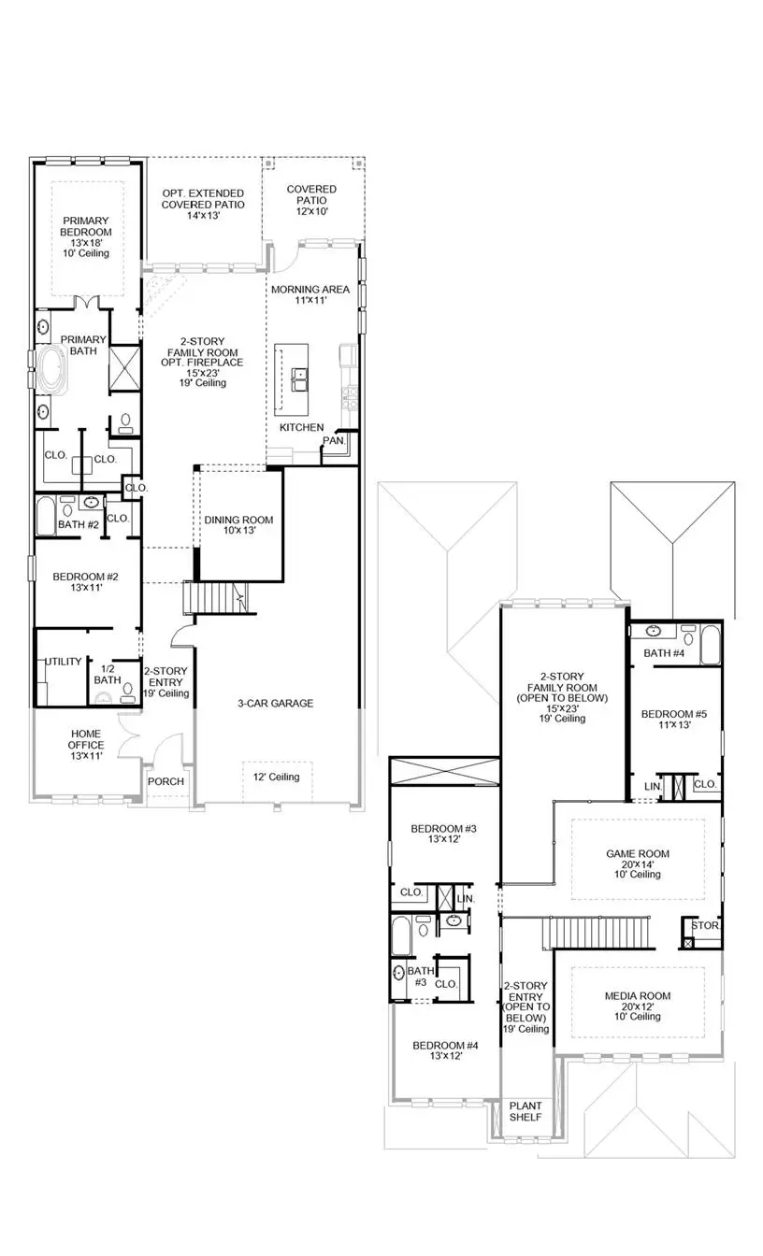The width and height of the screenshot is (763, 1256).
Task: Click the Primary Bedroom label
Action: [x=86, y=232]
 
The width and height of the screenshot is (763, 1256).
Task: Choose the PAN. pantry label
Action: [x=334, y=440]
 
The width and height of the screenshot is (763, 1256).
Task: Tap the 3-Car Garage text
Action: [x=275, y=703]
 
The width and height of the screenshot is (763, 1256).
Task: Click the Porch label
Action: [x=166, y=781]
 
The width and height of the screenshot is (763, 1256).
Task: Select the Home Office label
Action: [x=86, y=745]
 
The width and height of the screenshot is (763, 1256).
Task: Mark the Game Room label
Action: [x=638, y=859]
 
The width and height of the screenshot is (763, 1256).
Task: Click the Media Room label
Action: [x=638, y=1002]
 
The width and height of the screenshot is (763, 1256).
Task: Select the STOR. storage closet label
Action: [x=704, y=926]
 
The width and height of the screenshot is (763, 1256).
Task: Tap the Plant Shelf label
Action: [x=525, y=1112]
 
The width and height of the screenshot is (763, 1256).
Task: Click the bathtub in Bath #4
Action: [x=710, y=645]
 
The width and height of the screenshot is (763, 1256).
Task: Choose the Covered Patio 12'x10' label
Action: [x=311, y=194]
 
